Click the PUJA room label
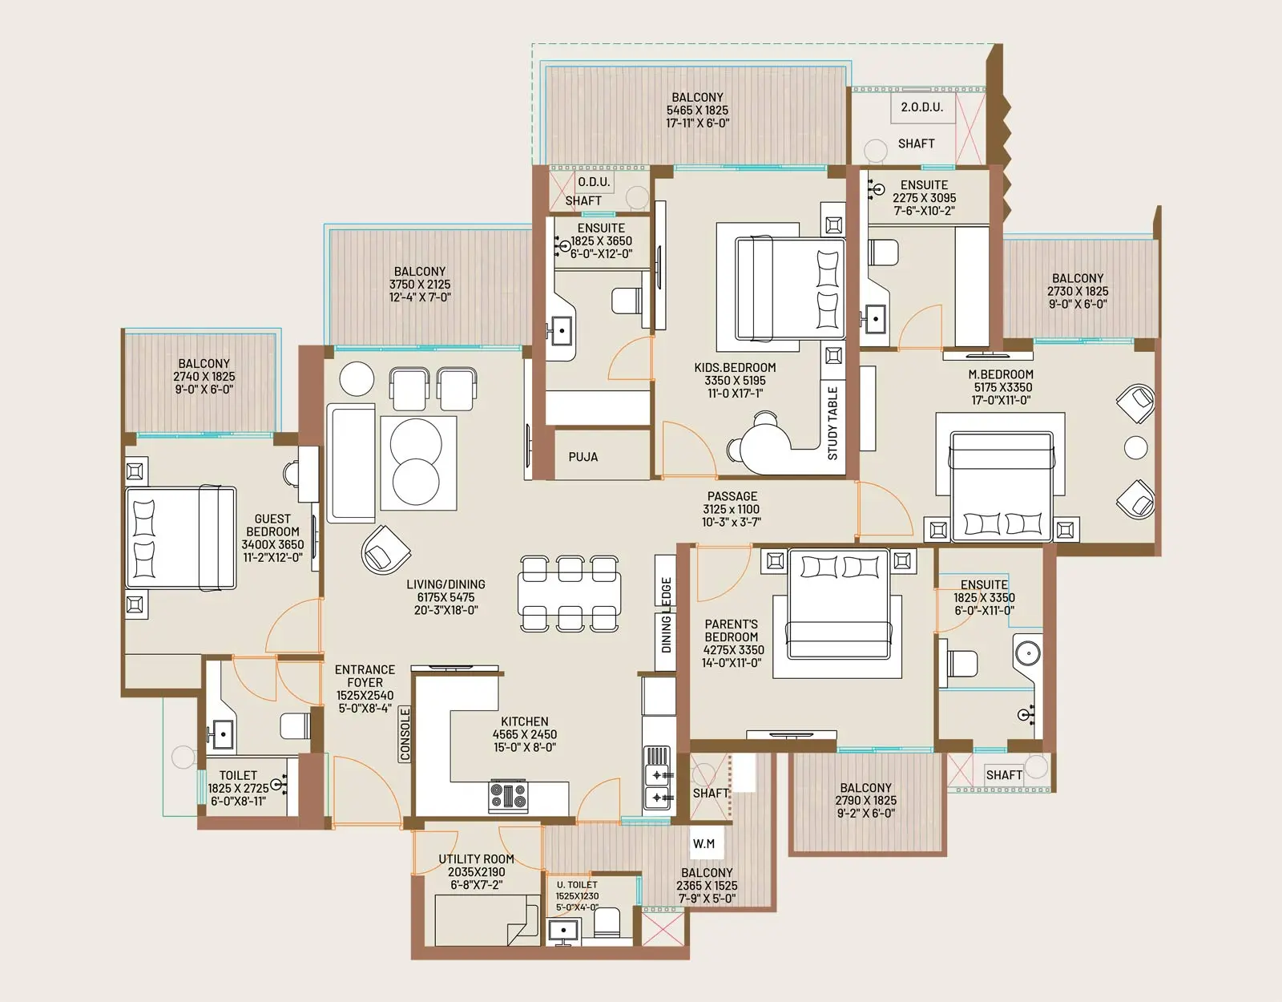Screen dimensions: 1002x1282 pyautogui.click(x=583, y=457)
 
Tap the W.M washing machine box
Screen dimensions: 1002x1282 pyautogui.click(x=703, y=843)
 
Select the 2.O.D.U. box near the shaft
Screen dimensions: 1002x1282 pyautogui.click(x=921, y=107)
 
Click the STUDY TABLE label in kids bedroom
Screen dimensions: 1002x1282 pyautogui.click(x=832, y=422)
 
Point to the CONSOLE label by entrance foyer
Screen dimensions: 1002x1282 pyautogui.click(x=405, y=733)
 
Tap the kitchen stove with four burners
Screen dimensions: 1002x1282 pyautogui.click(x=508, y=796)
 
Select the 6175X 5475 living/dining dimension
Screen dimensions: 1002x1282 pyautogui.click(x=445, y=597)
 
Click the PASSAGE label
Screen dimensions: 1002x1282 pyautogui.click(x=732, y=496)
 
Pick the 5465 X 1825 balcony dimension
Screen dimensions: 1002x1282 pyautogui.click(x=697, y=111)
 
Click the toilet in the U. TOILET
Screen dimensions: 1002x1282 pyautogui.click(x=607, y=923)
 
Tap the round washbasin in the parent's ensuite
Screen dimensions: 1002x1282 pyautogui.click(x=1028, y=653)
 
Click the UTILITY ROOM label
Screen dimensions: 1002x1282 pyautogui.click(x=476, y=859)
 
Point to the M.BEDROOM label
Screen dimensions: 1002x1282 pyautogui.click(x=1001, y=374)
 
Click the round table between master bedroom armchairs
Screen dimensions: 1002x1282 pyautogui.click(x=1135, y=447)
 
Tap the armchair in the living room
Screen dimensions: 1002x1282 pyautogui.click(x=385, y=550)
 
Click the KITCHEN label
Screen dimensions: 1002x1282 pyautogui.click(x=524, y=721)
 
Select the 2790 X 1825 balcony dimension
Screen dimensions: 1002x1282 pyautogui.click(x=865, y=800)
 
